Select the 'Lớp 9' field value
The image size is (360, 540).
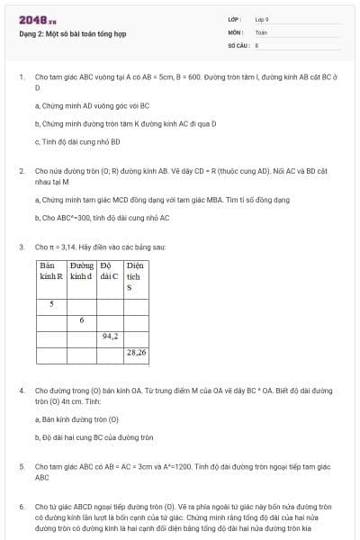pyautogui.click(x=262, y=19)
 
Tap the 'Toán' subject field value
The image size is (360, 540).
pyautogui.click(x=261, y=31)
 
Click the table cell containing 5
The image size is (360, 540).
pyautogui.click(x=51, y=303)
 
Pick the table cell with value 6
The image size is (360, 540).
pyautogui.click(x=82, y=319)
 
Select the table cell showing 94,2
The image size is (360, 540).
pyautogui.click(x=111, y=336)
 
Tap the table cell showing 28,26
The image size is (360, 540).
pyautogui.click(x=136, y=353)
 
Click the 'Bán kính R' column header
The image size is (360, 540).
pyautogui.click(x=51, y=272)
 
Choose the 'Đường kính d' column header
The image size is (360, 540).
pyautogui.click(x=82, y=272)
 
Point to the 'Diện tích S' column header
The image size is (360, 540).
pyautogui.click(x=136, y=277)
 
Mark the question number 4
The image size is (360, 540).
pyautogui.click(x=21, y=391)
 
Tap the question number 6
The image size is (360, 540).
pyautogui.click(x=21, y=508)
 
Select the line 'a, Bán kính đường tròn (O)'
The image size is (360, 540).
pyautogui.click(x=76, y=419)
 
